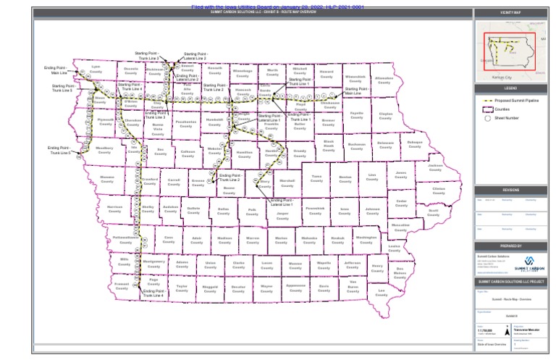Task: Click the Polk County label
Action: (252, 212)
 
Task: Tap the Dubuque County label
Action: (414, 143)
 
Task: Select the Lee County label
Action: (382, 293)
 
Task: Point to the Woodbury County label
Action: (104, 150)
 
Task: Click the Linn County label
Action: (372, 177)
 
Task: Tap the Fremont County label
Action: (122, 286)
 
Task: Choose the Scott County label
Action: (434, 212)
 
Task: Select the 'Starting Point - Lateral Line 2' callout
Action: (195, 56)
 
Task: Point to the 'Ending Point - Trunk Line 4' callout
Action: (153, 293)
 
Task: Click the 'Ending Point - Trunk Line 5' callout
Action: (61, 151)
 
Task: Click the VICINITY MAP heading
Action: (510, 13)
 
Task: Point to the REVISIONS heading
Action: (510, 190)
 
